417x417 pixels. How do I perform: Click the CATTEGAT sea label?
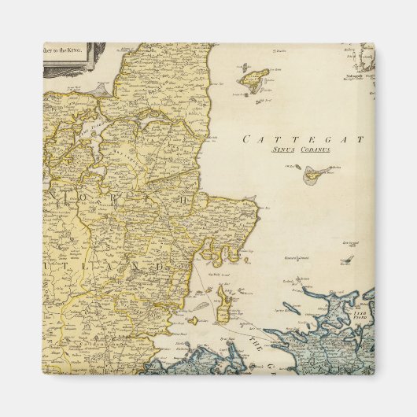pos(304,139)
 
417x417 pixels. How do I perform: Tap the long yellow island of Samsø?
pos(222,303)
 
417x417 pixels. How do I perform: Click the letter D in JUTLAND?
pos(161,266)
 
